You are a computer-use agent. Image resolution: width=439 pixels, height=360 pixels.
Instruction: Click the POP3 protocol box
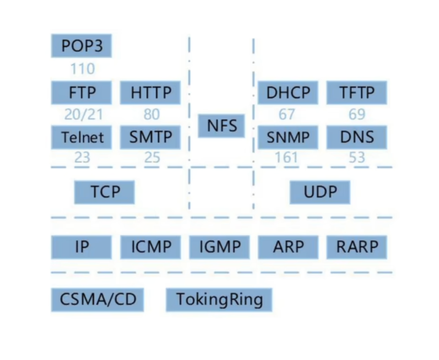coord(81,45)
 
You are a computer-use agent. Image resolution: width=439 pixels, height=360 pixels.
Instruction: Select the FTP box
coord(81,92)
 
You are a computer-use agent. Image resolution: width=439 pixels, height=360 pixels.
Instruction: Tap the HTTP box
coord(150,92)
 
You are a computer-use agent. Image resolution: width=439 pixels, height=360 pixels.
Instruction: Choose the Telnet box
coord(81,137)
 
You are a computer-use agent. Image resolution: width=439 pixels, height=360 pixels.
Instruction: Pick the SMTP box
coord(150,137)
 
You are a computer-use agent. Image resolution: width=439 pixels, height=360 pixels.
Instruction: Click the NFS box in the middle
coord(222,126)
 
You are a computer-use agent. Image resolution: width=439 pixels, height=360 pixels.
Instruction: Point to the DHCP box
coord(288,92)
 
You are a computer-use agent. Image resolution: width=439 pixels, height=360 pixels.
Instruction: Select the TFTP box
coord(357,92)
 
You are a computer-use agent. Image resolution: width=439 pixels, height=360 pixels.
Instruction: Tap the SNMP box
coord(288,137)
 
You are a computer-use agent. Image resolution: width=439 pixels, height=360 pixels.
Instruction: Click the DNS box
coord(357,137)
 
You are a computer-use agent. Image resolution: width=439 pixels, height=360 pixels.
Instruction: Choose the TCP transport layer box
coord(104,192)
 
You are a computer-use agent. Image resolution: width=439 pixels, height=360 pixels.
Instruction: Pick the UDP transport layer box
coord(320,192)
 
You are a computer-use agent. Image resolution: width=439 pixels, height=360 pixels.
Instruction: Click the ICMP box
coord(150,247)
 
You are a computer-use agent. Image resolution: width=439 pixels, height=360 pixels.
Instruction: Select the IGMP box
coord(219,247)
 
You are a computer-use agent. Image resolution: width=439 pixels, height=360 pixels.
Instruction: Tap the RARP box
coord(357,247)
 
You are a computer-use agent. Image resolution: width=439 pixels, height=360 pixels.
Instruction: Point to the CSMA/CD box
coord(97,299)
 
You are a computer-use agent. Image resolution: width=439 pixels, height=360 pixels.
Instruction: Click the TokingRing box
coord(219,299)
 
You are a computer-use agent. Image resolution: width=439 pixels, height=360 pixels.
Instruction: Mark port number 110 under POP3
coord(82,69)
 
